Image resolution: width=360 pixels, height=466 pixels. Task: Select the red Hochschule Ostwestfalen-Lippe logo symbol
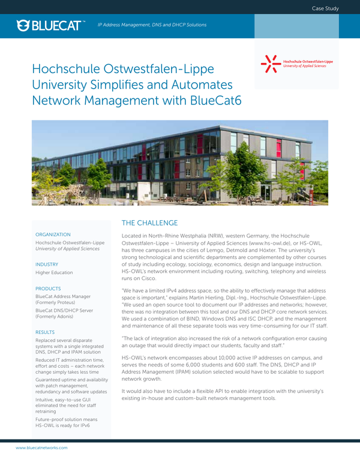click(x=270, y=64)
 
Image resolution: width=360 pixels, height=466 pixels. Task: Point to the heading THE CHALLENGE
click(x=150, y=222)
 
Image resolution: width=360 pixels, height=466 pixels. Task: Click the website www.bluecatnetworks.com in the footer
click(x=41, y=447)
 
